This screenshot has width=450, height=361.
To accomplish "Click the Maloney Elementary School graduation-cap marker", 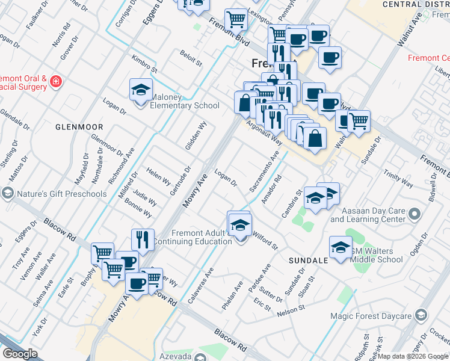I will pos(141,91).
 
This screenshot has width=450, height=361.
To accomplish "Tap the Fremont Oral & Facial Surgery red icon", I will pos(55,81).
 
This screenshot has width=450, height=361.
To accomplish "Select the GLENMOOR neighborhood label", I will pos(79,127).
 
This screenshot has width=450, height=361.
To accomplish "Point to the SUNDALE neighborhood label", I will pos(307,260).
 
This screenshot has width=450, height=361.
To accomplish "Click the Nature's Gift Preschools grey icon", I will pos(7,193).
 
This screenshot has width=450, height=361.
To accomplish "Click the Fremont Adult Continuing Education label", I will pos(193,237).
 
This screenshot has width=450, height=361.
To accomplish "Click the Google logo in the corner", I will pos(20,354).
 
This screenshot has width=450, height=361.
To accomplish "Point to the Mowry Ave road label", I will pos(195,193).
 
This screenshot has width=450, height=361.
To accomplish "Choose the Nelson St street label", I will pos(292,313).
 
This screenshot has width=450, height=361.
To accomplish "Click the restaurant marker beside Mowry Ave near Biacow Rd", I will pos(143,239).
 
